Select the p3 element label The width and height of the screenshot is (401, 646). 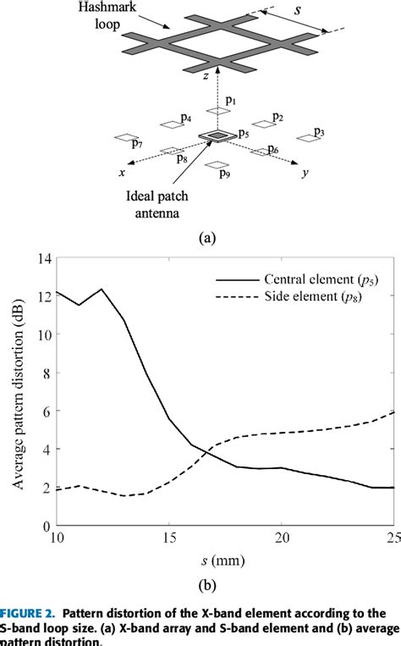[x=319, y=132]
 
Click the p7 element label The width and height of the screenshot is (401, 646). [x=137, y=144]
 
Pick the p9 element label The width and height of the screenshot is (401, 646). [x=224, y=174]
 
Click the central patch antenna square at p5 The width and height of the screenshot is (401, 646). [x=218, y=135]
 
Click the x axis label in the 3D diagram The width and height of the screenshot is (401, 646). [x=124, y=172]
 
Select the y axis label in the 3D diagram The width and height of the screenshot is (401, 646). [x=302, y=173]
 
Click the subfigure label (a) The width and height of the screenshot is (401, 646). [x=206, y=240]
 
